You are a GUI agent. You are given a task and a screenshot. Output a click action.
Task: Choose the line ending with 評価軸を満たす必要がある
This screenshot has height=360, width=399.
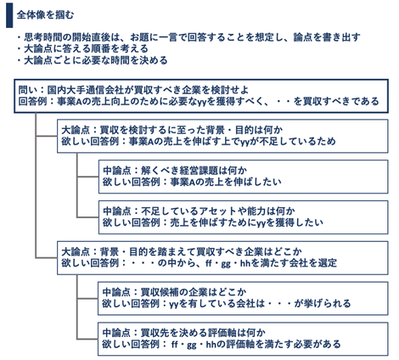click(221, 344)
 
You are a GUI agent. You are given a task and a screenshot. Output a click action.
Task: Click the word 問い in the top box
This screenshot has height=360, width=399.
click(27, 89)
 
